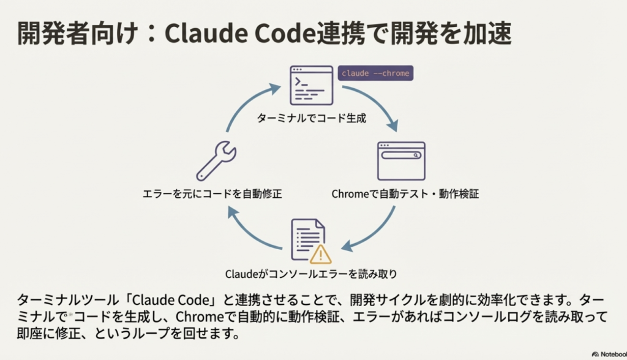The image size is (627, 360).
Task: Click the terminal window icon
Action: point(311,85)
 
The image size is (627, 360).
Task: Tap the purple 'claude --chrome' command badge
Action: point(375,73)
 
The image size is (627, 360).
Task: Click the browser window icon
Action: point(401,161)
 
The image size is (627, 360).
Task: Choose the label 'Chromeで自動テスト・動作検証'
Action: point(405,194)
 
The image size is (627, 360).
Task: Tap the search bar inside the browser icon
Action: point(401,156)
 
